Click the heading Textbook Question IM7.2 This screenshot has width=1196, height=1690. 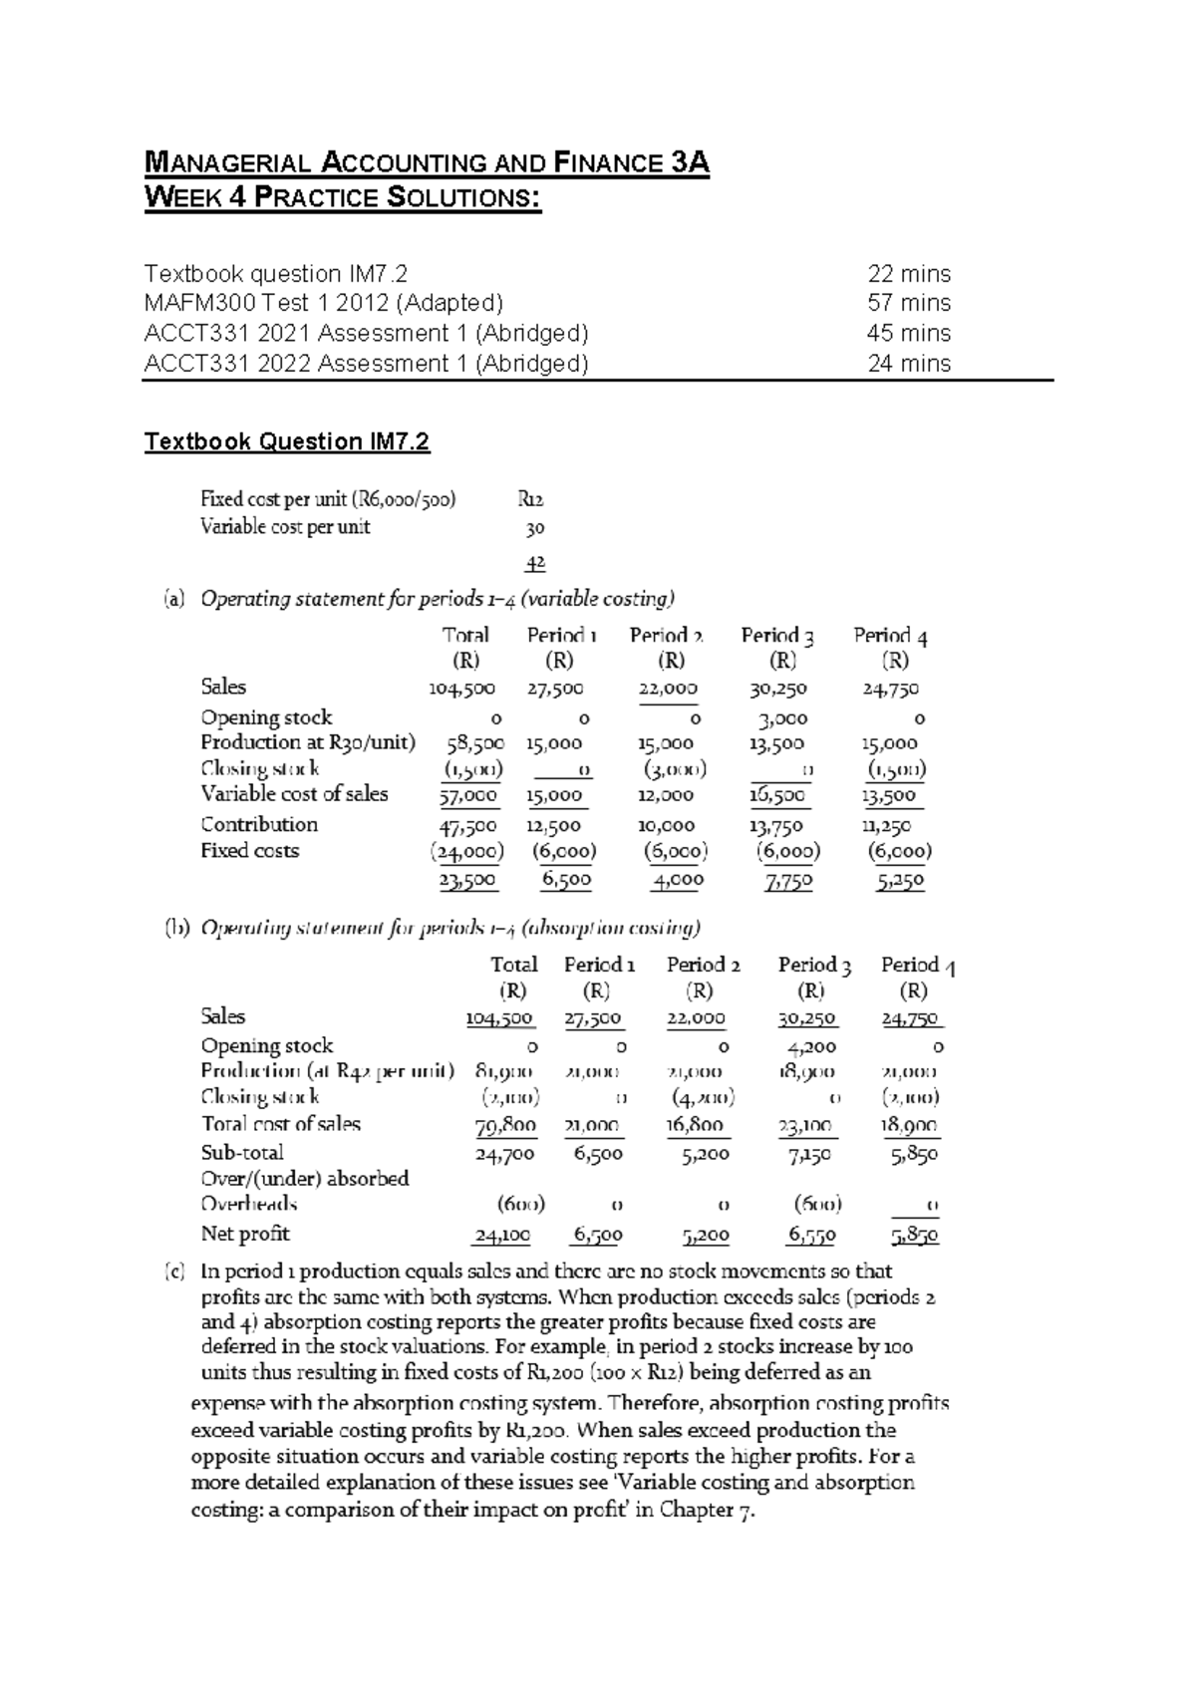(x=286, y=441)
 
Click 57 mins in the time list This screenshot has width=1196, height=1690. (x=908, y=303)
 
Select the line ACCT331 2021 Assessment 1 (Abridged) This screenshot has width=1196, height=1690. (x=366, y=333)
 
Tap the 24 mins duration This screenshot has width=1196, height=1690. (x=908, y=364)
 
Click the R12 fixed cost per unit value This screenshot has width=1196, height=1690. (x=530, y=500)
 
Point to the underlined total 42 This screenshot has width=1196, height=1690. (x=535, y=564)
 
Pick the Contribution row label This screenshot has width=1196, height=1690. (x=259, y=824)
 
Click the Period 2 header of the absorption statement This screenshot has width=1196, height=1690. (x=703, y=965)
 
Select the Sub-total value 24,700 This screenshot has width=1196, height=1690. (x=504, y=1154)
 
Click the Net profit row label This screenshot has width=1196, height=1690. (x=245, y=1234)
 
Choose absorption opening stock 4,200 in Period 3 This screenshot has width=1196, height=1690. (x=811, y=1047)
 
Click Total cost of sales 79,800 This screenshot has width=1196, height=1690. (x=504, y=1125)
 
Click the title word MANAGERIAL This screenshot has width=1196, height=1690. (x=218, y=163)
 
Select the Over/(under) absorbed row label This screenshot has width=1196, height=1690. (x=305, y=1179)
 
